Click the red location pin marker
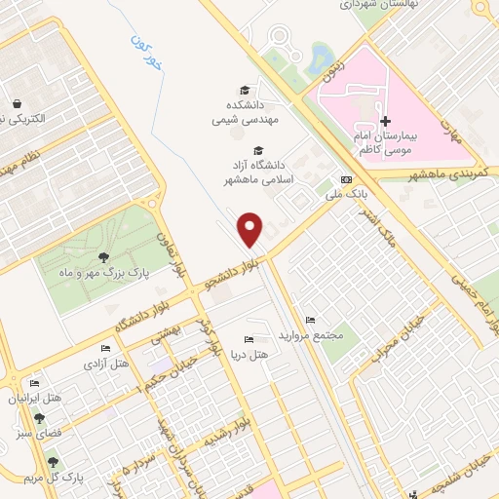(251, 229)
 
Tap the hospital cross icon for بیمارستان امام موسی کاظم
(386, 122)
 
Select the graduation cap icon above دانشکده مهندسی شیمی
(256, 88)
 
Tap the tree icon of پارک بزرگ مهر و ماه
(102, 258)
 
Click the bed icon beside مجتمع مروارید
(310, 321)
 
